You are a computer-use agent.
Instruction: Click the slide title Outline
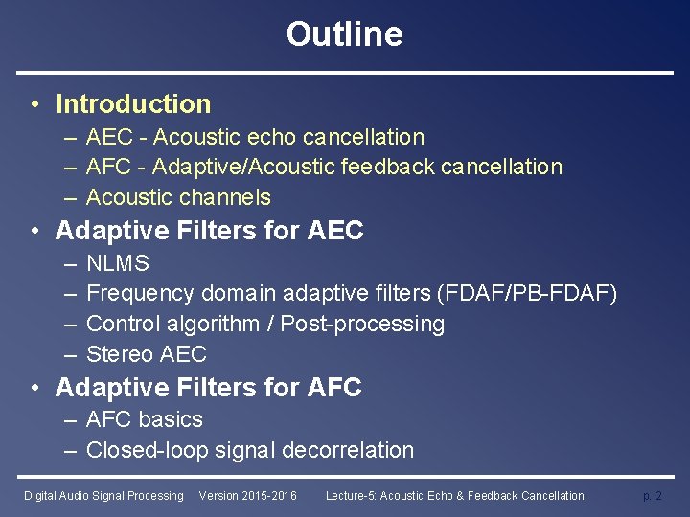pos(344,34)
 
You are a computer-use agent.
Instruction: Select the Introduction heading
pos(133,103)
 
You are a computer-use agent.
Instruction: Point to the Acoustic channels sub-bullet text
pos(178,197)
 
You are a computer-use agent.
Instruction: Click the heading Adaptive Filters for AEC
pos(210,231)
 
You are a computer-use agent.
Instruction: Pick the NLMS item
pos(118,263)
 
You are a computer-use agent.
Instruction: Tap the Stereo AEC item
pos(146,354)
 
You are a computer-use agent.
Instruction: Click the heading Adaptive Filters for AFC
pos(208,388)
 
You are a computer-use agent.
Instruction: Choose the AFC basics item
pos(145,419)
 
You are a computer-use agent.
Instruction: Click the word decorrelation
pos(348,450)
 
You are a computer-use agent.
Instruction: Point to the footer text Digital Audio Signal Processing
pos(103,496)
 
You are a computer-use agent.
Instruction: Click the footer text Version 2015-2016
pos(247,496)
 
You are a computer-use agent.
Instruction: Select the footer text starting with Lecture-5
pos(454,496)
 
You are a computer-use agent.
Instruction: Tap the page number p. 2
pos(652,496)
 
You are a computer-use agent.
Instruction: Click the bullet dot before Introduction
pos(34,104)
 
